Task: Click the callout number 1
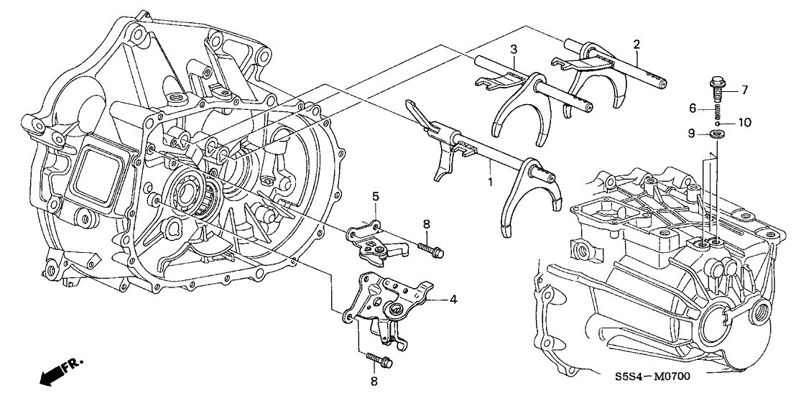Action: (491, 181)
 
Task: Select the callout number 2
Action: (636, 44)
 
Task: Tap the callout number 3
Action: (514, 50)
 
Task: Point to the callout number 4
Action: (453, 300)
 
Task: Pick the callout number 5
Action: (376, 196)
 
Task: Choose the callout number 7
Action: (745, 91)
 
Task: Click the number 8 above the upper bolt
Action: (427, 224)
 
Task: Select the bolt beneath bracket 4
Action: (379, 361)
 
